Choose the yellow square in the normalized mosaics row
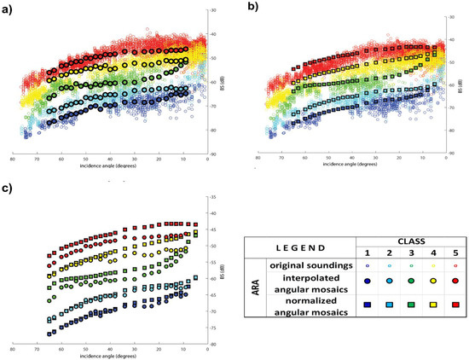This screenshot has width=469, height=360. (x=424, y=304)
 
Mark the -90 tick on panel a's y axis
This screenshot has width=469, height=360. (x=213, y=154)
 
